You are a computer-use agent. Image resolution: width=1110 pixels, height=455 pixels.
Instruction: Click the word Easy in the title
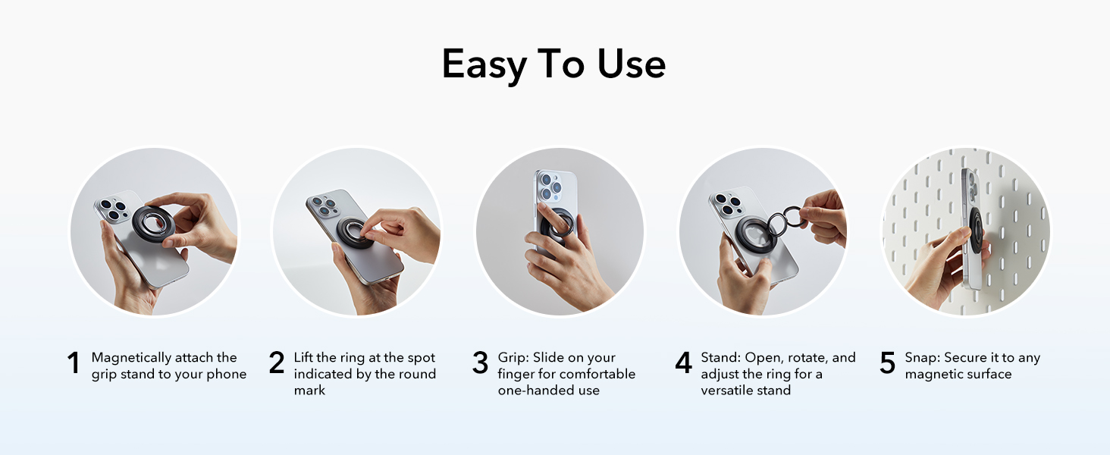pos(484,64)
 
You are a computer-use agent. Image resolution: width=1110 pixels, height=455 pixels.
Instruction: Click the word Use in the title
pos(632,64)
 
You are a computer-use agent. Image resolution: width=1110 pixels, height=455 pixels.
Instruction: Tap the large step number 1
pos(73,363)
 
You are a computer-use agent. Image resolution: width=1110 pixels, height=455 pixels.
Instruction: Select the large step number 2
pos(277,363)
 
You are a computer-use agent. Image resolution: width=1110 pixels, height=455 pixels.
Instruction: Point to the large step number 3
pos(480,363)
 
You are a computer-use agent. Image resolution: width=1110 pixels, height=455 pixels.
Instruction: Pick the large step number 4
pos(683,363)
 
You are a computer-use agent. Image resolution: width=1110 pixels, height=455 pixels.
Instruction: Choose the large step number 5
pos(887,363)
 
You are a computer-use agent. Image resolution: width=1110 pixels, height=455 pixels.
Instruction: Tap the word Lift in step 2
pos(305,358)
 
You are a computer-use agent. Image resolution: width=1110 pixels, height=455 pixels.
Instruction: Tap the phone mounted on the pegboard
pos(971,227)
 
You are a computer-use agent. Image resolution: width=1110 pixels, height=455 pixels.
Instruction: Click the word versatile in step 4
pos(726,391)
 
